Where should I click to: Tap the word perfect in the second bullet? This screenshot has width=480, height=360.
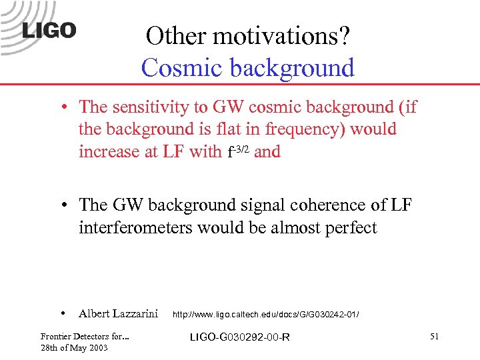[x=351, y=228]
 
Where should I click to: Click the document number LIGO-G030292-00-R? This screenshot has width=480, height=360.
[x=239, y=337]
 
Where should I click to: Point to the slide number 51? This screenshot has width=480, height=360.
[x=434, y=337]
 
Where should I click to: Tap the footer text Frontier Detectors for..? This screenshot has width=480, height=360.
[x=84, y=337]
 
